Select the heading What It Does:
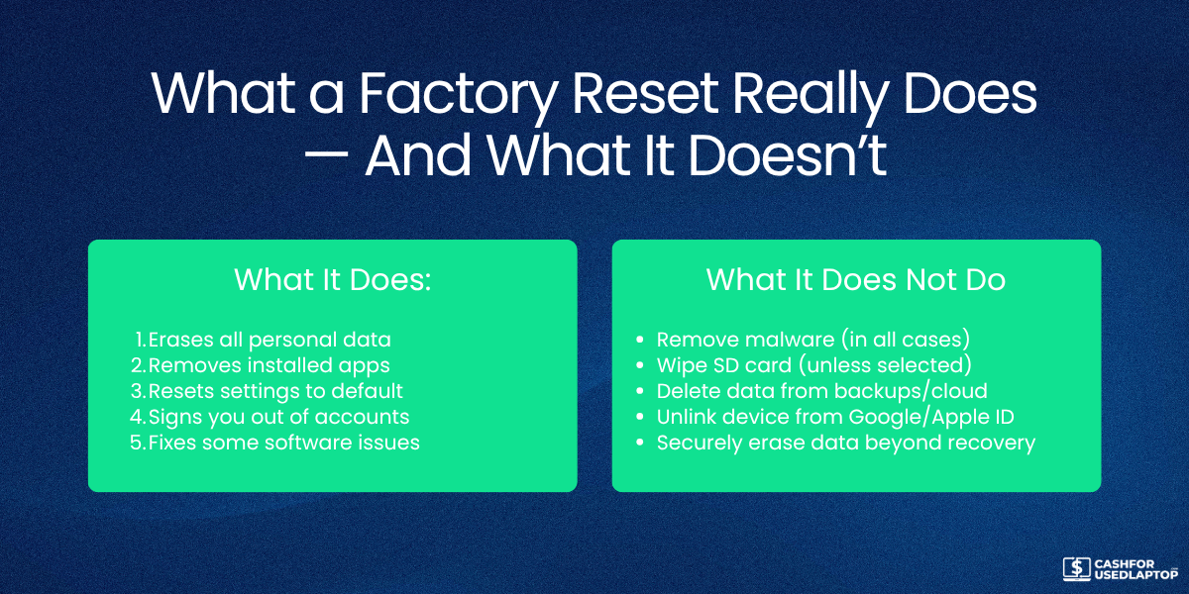tap(333, 280)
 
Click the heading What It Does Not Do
tap(856, 280)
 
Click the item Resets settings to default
tap(275, 391)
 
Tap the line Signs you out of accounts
tap(278, 417)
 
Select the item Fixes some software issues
tap(283, 443)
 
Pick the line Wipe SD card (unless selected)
tap(813, 365)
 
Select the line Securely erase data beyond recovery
tap(845, 443)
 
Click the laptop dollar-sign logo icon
tap(1076, 568)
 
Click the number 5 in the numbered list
tap(137, 443)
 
